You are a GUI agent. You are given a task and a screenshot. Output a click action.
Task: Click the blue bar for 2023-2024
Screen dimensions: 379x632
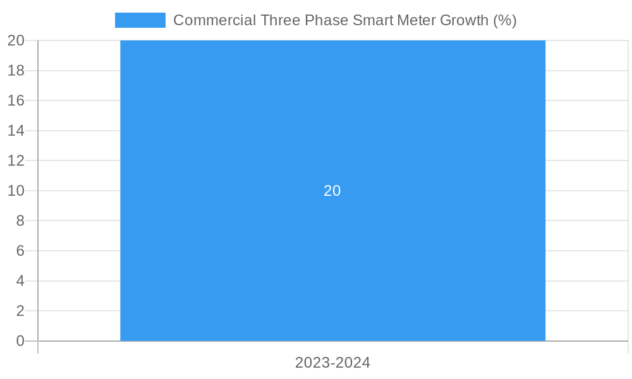(x=332, y=265)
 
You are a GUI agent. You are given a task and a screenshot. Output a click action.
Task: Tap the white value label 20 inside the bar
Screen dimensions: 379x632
(x=332, y=191)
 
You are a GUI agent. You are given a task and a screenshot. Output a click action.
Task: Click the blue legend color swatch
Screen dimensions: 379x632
(x=140, y=20)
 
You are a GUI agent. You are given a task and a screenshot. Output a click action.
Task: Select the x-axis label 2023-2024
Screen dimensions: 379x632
(x=332, y=363)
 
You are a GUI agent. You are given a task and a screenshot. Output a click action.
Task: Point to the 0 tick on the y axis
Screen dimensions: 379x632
(x=20, y=341)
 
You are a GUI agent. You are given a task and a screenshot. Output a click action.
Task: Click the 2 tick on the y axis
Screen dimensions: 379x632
(x=20, y=311)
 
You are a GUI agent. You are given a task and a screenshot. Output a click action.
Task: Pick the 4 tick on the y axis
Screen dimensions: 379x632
(x=20, y=281)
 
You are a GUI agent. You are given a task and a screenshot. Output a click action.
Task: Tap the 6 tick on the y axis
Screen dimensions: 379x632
(x=20, y=251)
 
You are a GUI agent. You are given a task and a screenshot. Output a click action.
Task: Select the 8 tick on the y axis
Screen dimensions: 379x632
(x=20, y=220)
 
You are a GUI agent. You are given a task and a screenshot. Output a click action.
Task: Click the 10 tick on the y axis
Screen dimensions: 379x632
(x=16, y=191)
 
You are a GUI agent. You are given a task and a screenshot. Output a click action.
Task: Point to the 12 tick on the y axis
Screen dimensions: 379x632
(x=16, y=160)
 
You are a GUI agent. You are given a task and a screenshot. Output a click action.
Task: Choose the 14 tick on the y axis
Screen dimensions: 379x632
(x=16, y=131)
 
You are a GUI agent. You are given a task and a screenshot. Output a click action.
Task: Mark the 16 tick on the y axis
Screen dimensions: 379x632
(x=16, y=100)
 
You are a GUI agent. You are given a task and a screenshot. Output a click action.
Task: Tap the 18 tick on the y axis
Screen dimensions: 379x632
(x=16, y=70)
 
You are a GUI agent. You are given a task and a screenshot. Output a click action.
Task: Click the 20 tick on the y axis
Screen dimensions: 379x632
(x=16, y=40)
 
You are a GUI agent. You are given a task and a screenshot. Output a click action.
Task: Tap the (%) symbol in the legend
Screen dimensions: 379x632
(x=505, y=20)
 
